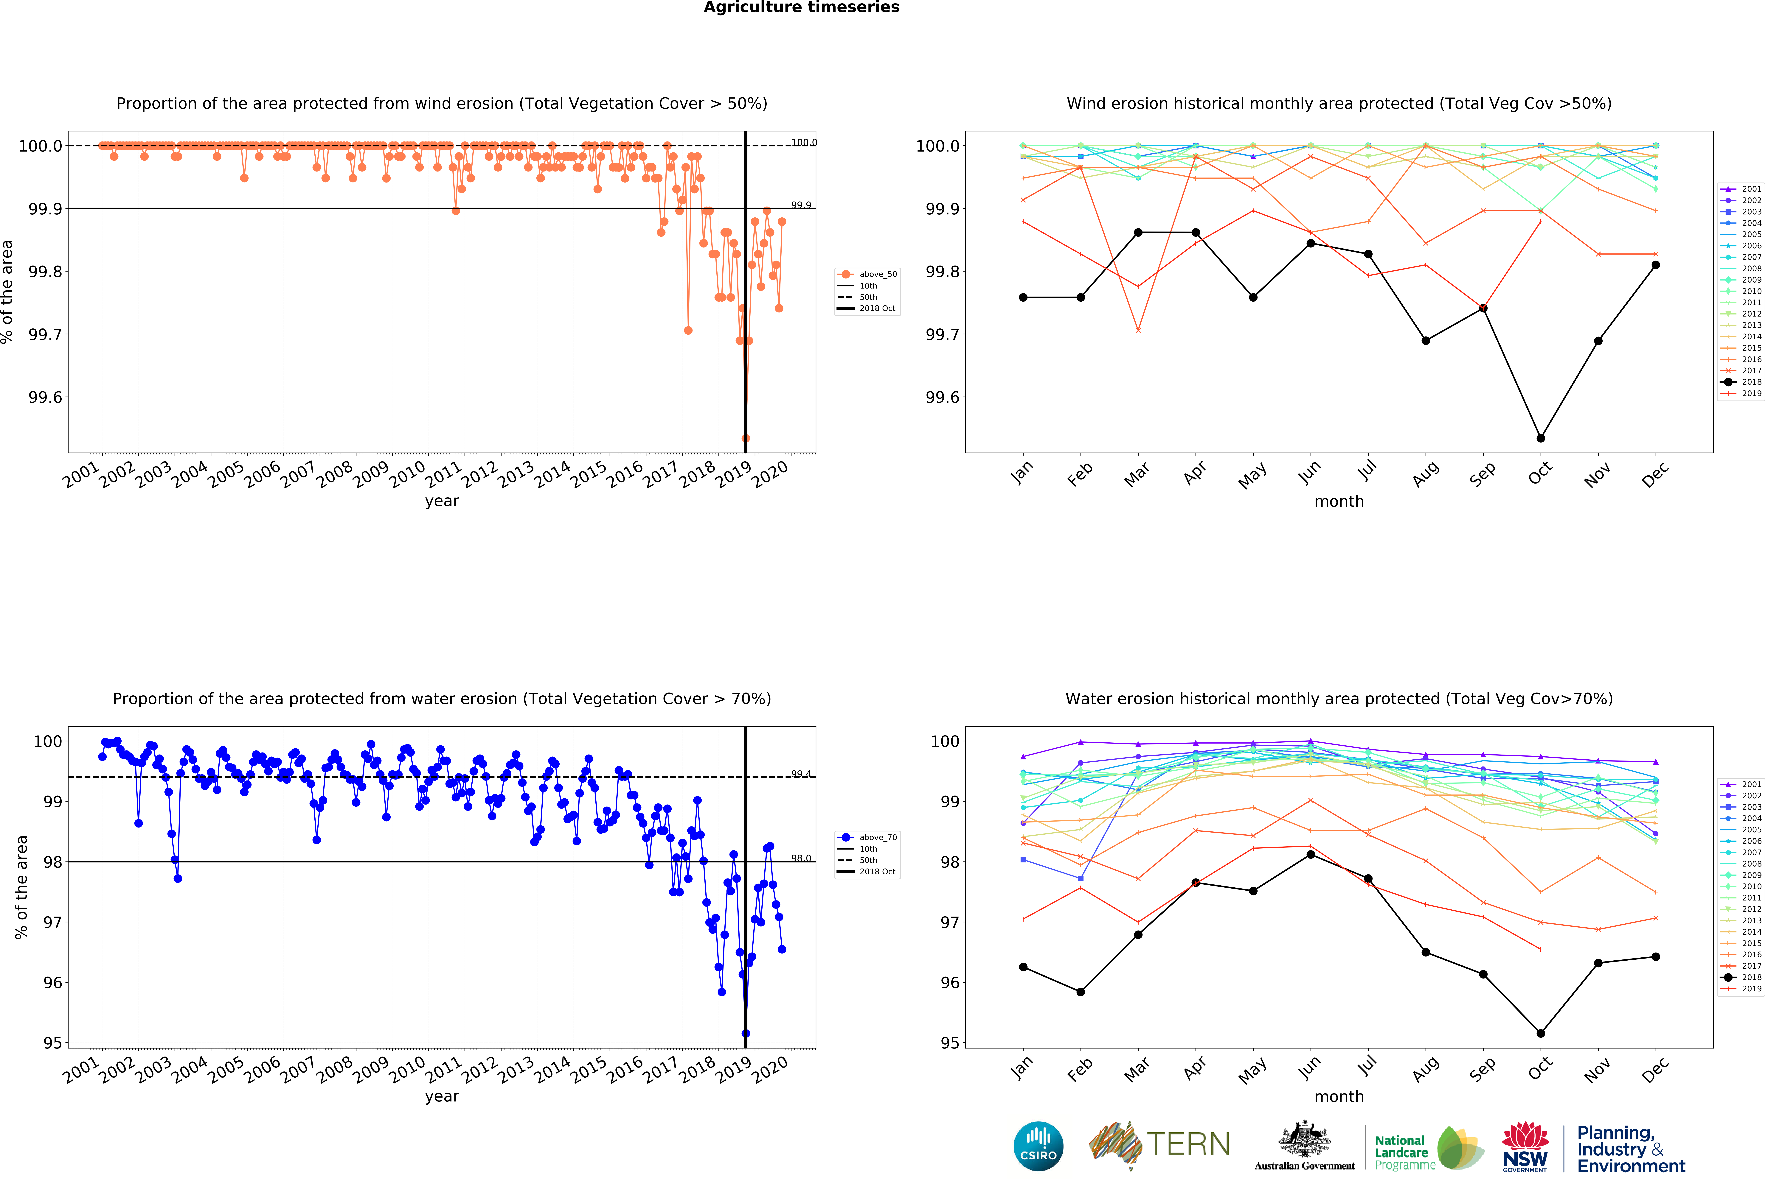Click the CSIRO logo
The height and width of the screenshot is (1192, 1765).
[x=1038, y=1146]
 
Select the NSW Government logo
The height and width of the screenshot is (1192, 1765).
[x=1524, y=1146]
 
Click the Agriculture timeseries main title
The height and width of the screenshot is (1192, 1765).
[x=801, y=8]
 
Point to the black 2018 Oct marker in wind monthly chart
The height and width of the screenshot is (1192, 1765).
[x=1540, y=438]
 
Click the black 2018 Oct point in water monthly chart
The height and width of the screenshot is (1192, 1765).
[x=1540, y=1033]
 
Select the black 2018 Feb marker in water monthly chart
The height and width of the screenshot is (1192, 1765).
[x=1081, y=992]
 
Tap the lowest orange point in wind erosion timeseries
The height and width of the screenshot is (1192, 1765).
[x=746, y=438]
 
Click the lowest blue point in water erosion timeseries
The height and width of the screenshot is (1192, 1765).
[x=746, y=1033]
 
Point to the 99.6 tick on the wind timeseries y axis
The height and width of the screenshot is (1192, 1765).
[x=46, y=397]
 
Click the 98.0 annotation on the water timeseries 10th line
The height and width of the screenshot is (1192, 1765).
[x=801, y=858]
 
